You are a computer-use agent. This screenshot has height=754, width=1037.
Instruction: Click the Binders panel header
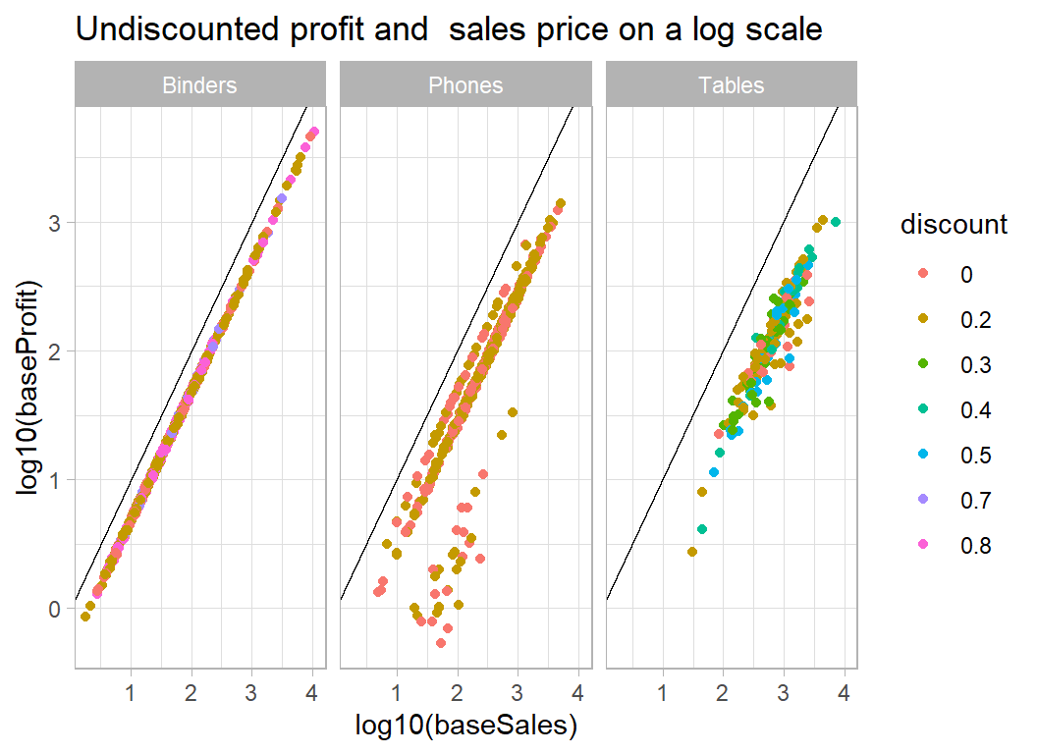[x=199, y=85]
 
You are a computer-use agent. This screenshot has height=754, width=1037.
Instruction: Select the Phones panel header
[x=465, y=85]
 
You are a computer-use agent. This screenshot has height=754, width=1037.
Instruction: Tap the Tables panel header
[x=731, y=85]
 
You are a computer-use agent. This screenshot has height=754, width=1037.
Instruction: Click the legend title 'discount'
[x=954, y=225]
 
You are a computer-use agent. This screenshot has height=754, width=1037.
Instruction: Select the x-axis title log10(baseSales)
[x=465, y=726]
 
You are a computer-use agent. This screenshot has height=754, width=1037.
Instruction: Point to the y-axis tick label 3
[x=56, y=223]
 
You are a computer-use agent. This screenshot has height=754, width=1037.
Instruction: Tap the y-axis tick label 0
[x=56, y=610]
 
